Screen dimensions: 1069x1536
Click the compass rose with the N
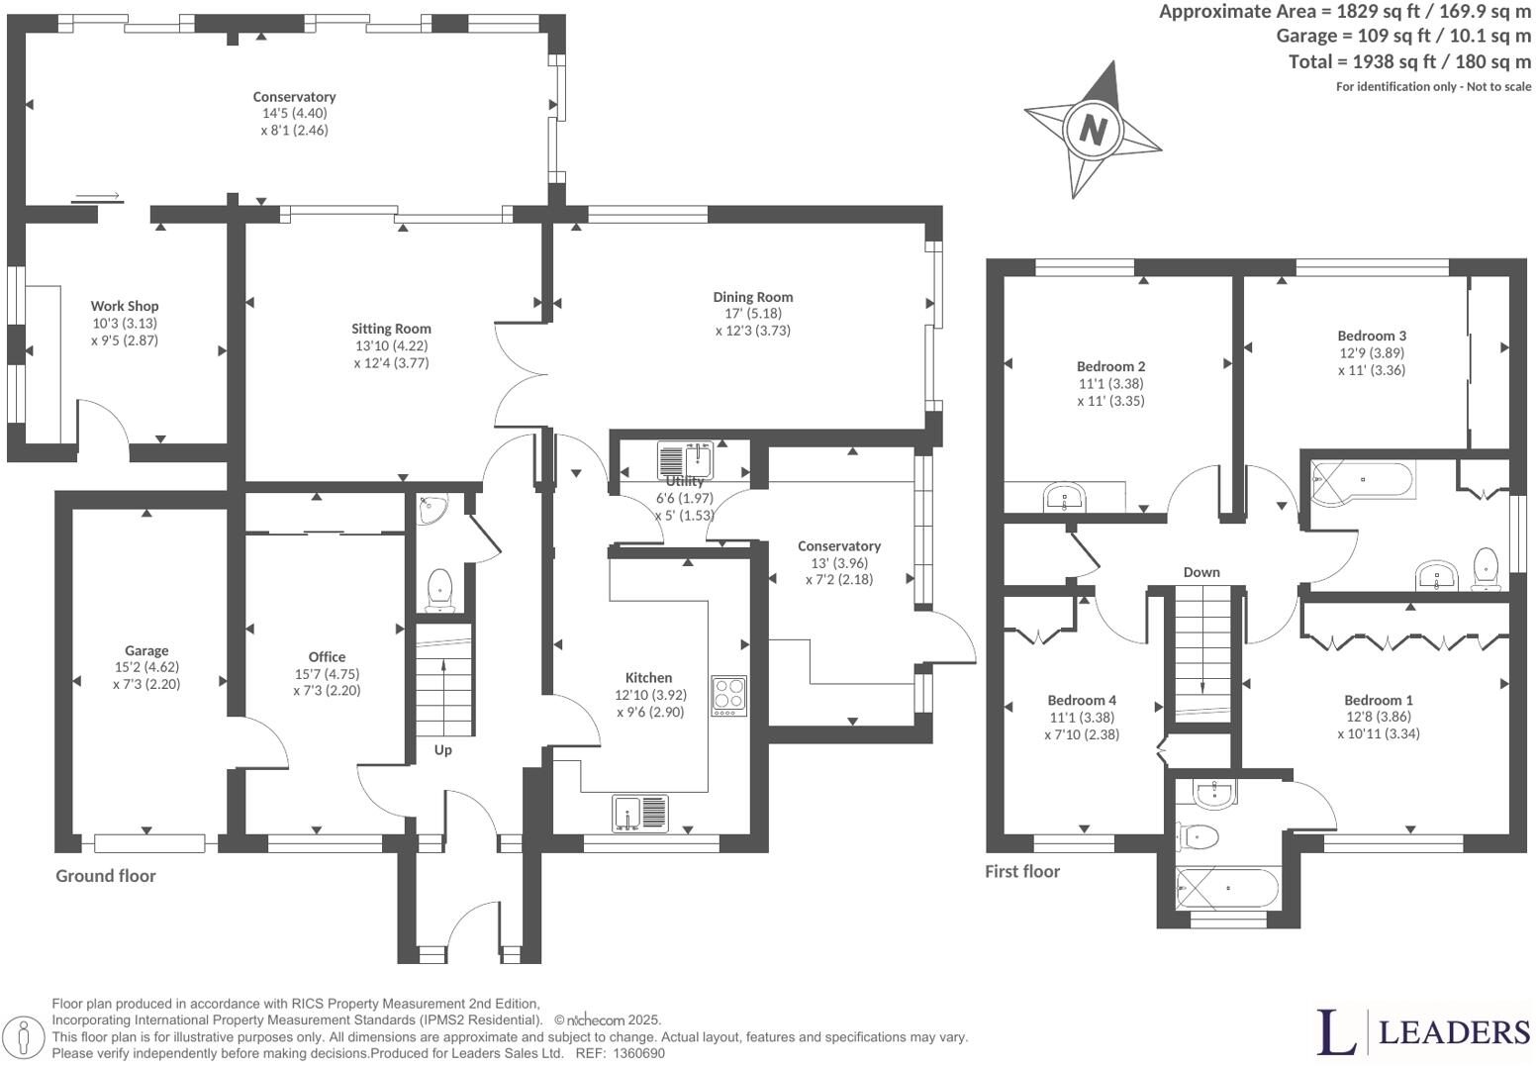click(1093, 130)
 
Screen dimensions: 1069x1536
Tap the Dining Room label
click(752, 297)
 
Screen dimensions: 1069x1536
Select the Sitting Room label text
click(391, 329)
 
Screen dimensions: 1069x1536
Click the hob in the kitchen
click(728, 695)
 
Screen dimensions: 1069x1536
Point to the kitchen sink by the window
click(640, 813)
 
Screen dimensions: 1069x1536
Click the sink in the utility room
click(685, 460)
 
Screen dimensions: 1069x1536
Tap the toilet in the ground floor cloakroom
click(438, 590)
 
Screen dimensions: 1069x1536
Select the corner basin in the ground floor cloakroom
click(432, 509)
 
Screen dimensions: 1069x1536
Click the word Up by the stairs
click(442, 750)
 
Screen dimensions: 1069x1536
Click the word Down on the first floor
click(1200, 572)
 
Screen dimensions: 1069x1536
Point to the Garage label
click(146, 651)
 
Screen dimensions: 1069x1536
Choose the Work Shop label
click(125, 307)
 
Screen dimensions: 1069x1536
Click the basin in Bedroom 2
click(1065, 496)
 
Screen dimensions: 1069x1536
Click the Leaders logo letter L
click(1336, 1031)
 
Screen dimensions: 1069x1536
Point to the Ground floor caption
click(106, 876)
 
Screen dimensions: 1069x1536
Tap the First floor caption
click(1022, 872)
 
